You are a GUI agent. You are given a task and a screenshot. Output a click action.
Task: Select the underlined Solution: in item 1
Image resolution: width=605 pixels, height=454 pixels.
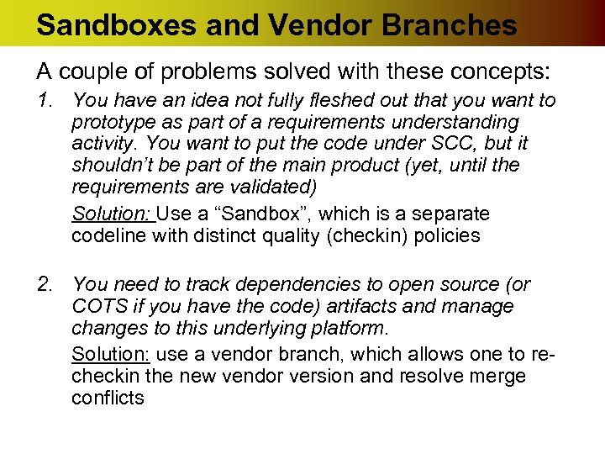click(x=112, y=214)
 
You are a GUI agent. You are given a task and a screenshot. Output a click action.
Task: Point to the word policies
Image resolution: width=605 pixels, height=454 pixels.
click(x=449, y=235)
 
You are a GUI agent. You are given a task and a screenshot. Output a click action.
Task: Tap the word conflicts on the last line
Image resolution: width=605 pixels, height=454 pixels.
click(x=108, y=397)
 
